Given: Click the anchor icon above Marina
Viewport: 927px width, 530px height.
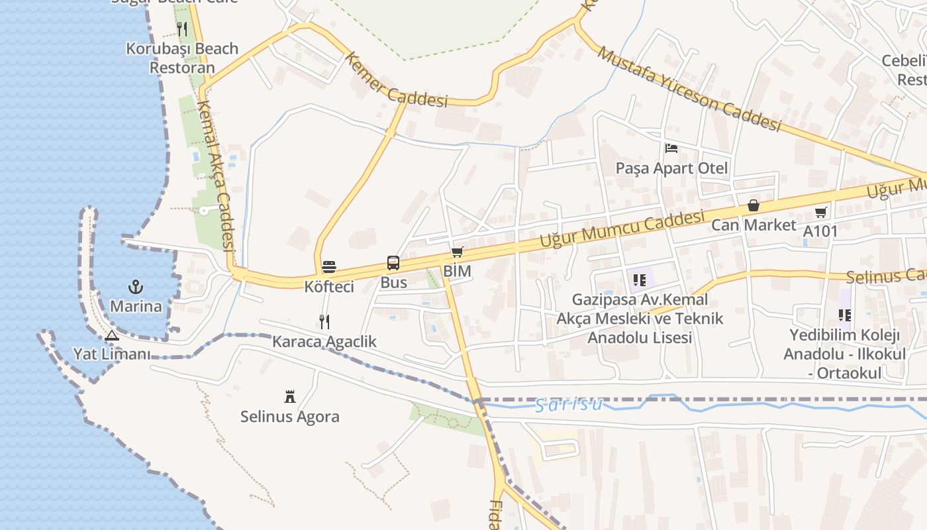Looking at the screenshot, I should point(136,287).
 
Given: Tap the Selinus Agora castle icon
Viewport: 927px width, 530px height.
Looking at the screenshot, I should point(290,397).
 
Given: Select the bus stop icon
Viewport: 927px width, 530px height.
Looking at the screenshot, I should point(393,263).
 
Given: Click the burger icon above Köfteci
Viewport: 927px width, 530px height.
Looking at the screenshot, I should point(329,267).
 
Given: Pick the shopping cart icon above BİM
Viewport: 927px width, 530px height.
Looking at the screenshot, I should point(457,252).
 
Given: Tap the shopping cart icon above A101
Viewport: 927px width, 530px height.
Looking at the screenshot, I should point(820,213).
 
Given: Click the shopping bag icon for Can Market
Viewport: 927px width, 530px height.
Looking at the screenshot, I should point(754,206).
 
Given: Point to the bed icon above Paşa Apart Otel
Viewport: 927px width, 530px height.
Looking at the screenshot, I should point(671,148).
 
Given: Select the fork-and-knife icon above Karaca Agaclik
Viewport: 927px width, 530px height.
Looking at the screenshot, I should point(324,322).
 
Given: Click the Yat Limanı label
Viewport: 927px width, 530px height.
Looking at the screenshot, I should point(112,354).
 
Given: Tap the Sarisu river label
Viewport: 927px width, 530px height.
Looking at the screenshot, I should point(569,404).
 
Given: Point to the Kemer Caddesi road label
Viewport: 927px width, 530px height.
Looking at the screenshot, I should point(395,81).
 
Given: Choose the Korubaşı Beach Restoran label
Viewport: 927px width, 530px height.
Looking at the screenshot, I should point(182,58).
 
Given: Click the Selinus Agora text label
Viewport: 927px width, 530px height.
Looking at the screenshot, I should point(290,417).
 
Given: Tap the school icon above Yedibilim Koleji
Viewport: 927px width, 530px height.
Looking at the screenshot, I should point(844,315).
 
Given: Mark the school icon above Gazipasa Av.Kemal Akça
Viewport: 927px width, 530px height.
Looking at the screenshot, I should point(639,280).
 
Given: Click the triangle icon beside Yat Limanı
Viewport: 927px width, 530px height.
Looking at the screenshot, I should point(111,336).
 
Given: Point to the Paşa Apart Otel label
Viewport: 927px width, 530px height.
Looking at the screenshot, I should point(671,168).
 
